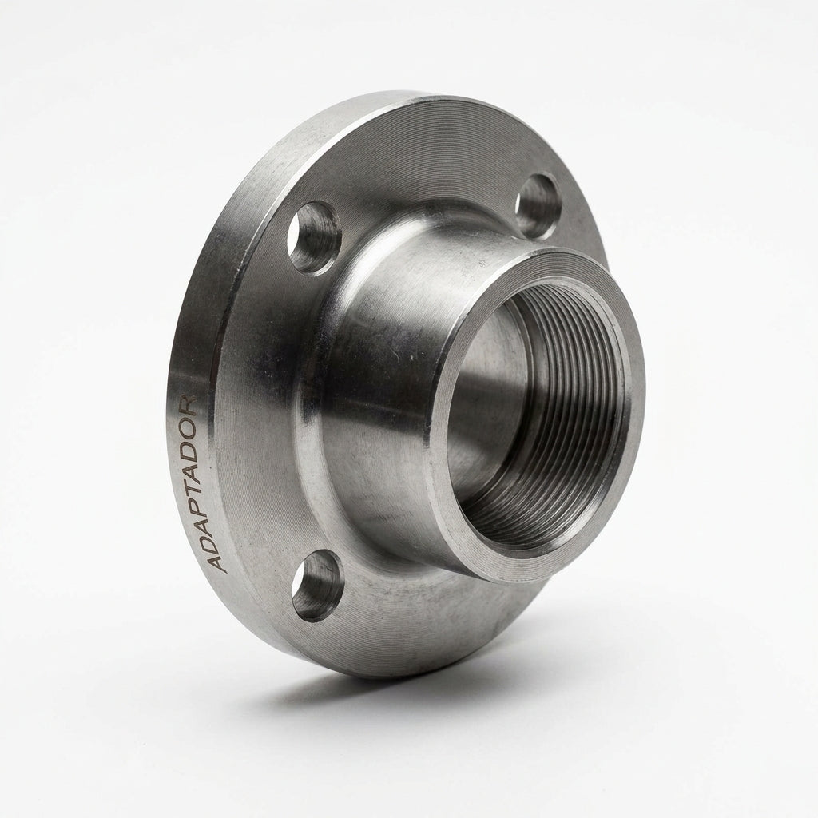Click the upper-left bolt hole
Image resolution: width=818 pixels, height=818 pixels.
[x=315, y=236]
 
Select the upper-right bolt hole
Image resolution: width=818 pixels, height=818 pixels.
[x=537, y=207]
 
